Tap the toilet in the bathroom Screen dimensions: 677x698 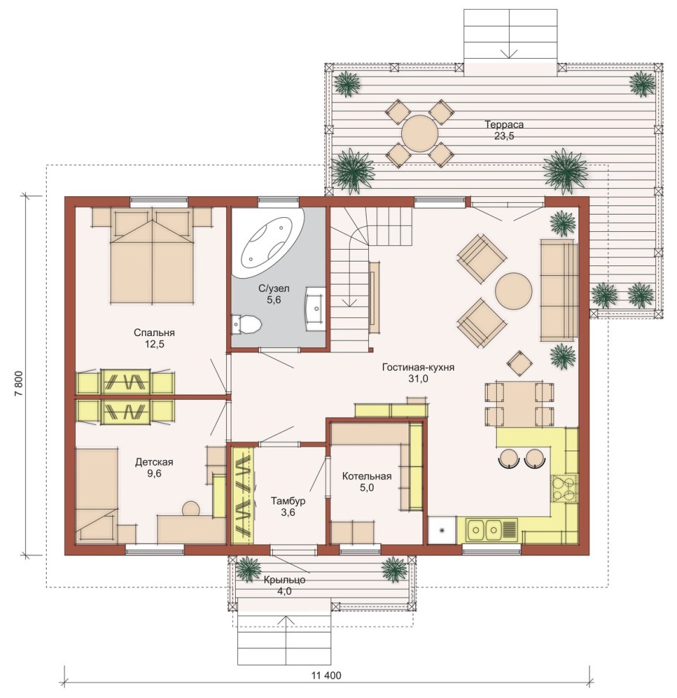(x=246, y=324)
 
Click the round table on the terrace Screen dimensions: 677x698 (x=420, y=133)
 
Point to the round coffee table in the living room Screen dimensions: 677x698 (x=513, y=291)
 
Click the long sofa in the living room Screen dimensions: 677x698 (x=559, y=290)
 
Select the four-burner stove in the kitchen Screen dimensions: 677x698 (x=565, y=489)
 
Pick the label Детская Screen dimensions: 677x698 (x=154, y=462)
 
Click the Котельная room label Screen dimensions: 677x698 (x=367, y=476)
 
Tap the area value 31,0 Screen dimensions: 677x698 (x=418, y=379)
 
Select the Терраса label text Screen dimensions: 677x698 (x=504, y=125)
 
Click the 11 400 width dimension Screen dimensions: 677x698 (x=327, y=675)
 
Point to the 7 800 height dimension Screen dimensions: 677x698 (x=19, y=384)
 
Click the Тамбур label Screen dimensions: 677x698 (x=288, y=501)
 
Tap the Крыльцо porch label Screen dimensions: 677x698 (x=284, y=580)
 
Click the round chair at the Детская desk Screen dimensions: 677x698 (x=191, y=508)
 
